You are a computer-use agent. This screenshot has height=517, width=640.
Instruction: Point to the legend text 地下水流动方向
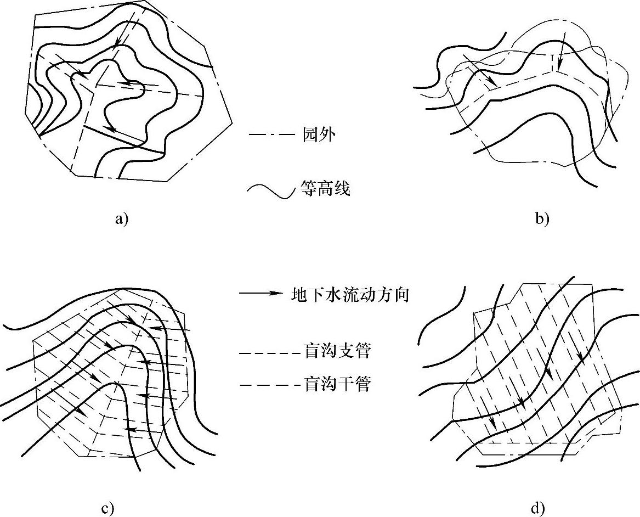pos(350,295)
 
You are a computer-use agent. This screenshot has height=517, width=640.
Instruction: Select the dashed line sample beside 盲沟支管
pos(270,352)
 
